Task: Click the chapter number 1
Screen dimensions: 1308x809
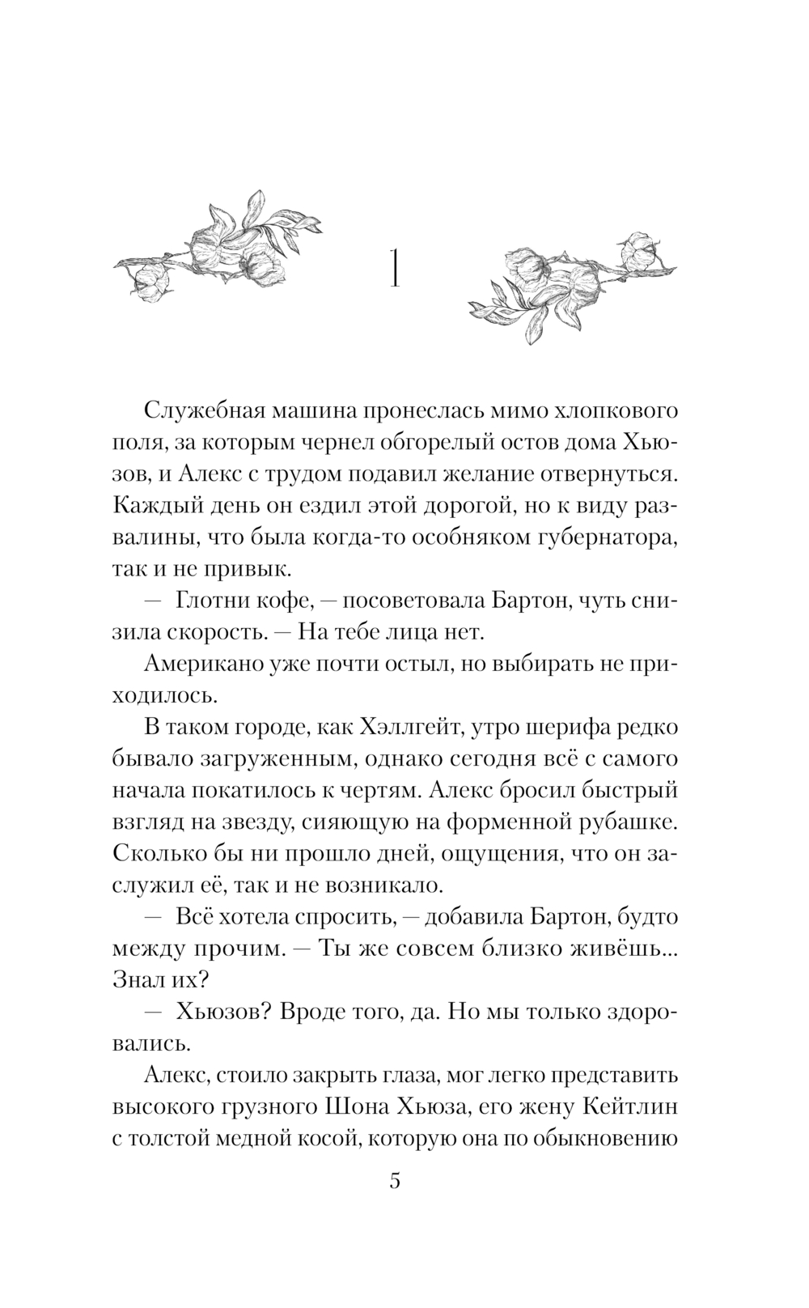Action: (394, 269)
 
